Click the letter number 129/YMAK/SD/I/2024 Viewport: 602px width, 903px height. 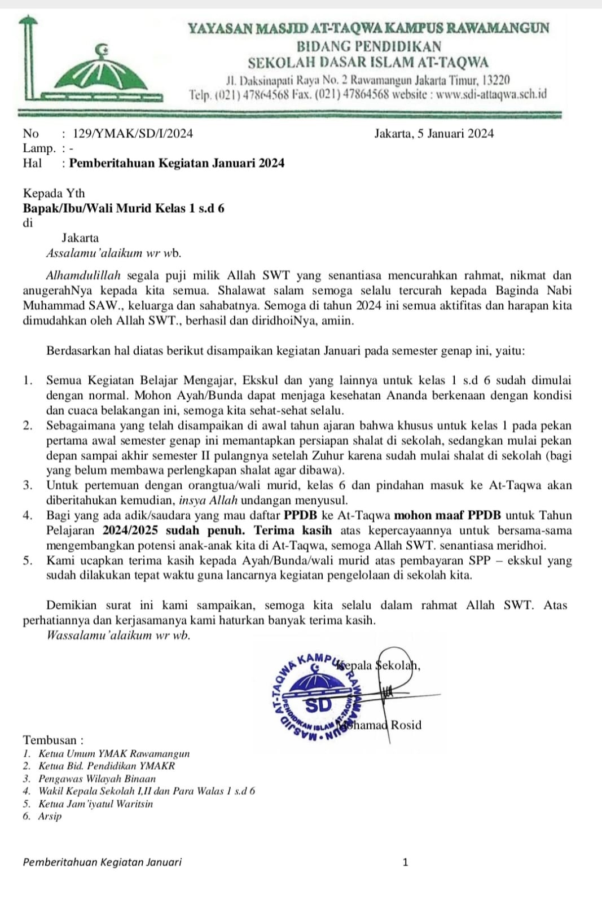coord(133,134)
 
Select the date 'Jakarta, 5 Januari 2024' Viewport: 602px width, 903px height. coord(433,134)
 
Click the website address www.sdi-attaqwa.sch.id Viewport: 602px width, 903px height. coord(491,94)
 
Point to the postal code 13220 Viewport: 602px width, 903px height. coord(496,80)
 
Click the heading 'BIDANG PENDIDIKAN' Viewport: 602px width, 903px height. coord(369,46)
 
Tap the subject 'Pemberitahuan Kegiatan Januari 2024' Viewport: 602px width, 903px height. coord(177,164)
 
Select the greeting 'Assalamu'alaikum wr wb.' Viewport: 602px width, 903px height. coord(114,253)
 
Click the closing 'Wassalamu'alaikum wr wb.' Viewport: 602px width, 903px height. coord(118,635)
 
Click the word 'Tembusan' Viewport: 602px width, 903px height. coord(50,740)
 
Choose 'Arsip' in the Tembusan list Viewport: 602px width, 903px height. coord(50,816)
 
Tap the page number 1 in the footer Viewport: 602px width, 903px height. coord(405,862)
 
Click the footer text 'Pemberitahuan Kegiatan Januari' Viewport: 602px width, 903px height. coord(102,862)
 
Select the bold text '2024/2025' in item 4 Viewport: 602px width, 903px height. coord(130,531)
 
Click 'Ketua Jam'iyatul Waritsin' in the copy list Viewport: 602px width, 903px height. coord(95,804)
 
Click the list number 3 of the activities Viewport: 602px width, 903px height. coord(27,485)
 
